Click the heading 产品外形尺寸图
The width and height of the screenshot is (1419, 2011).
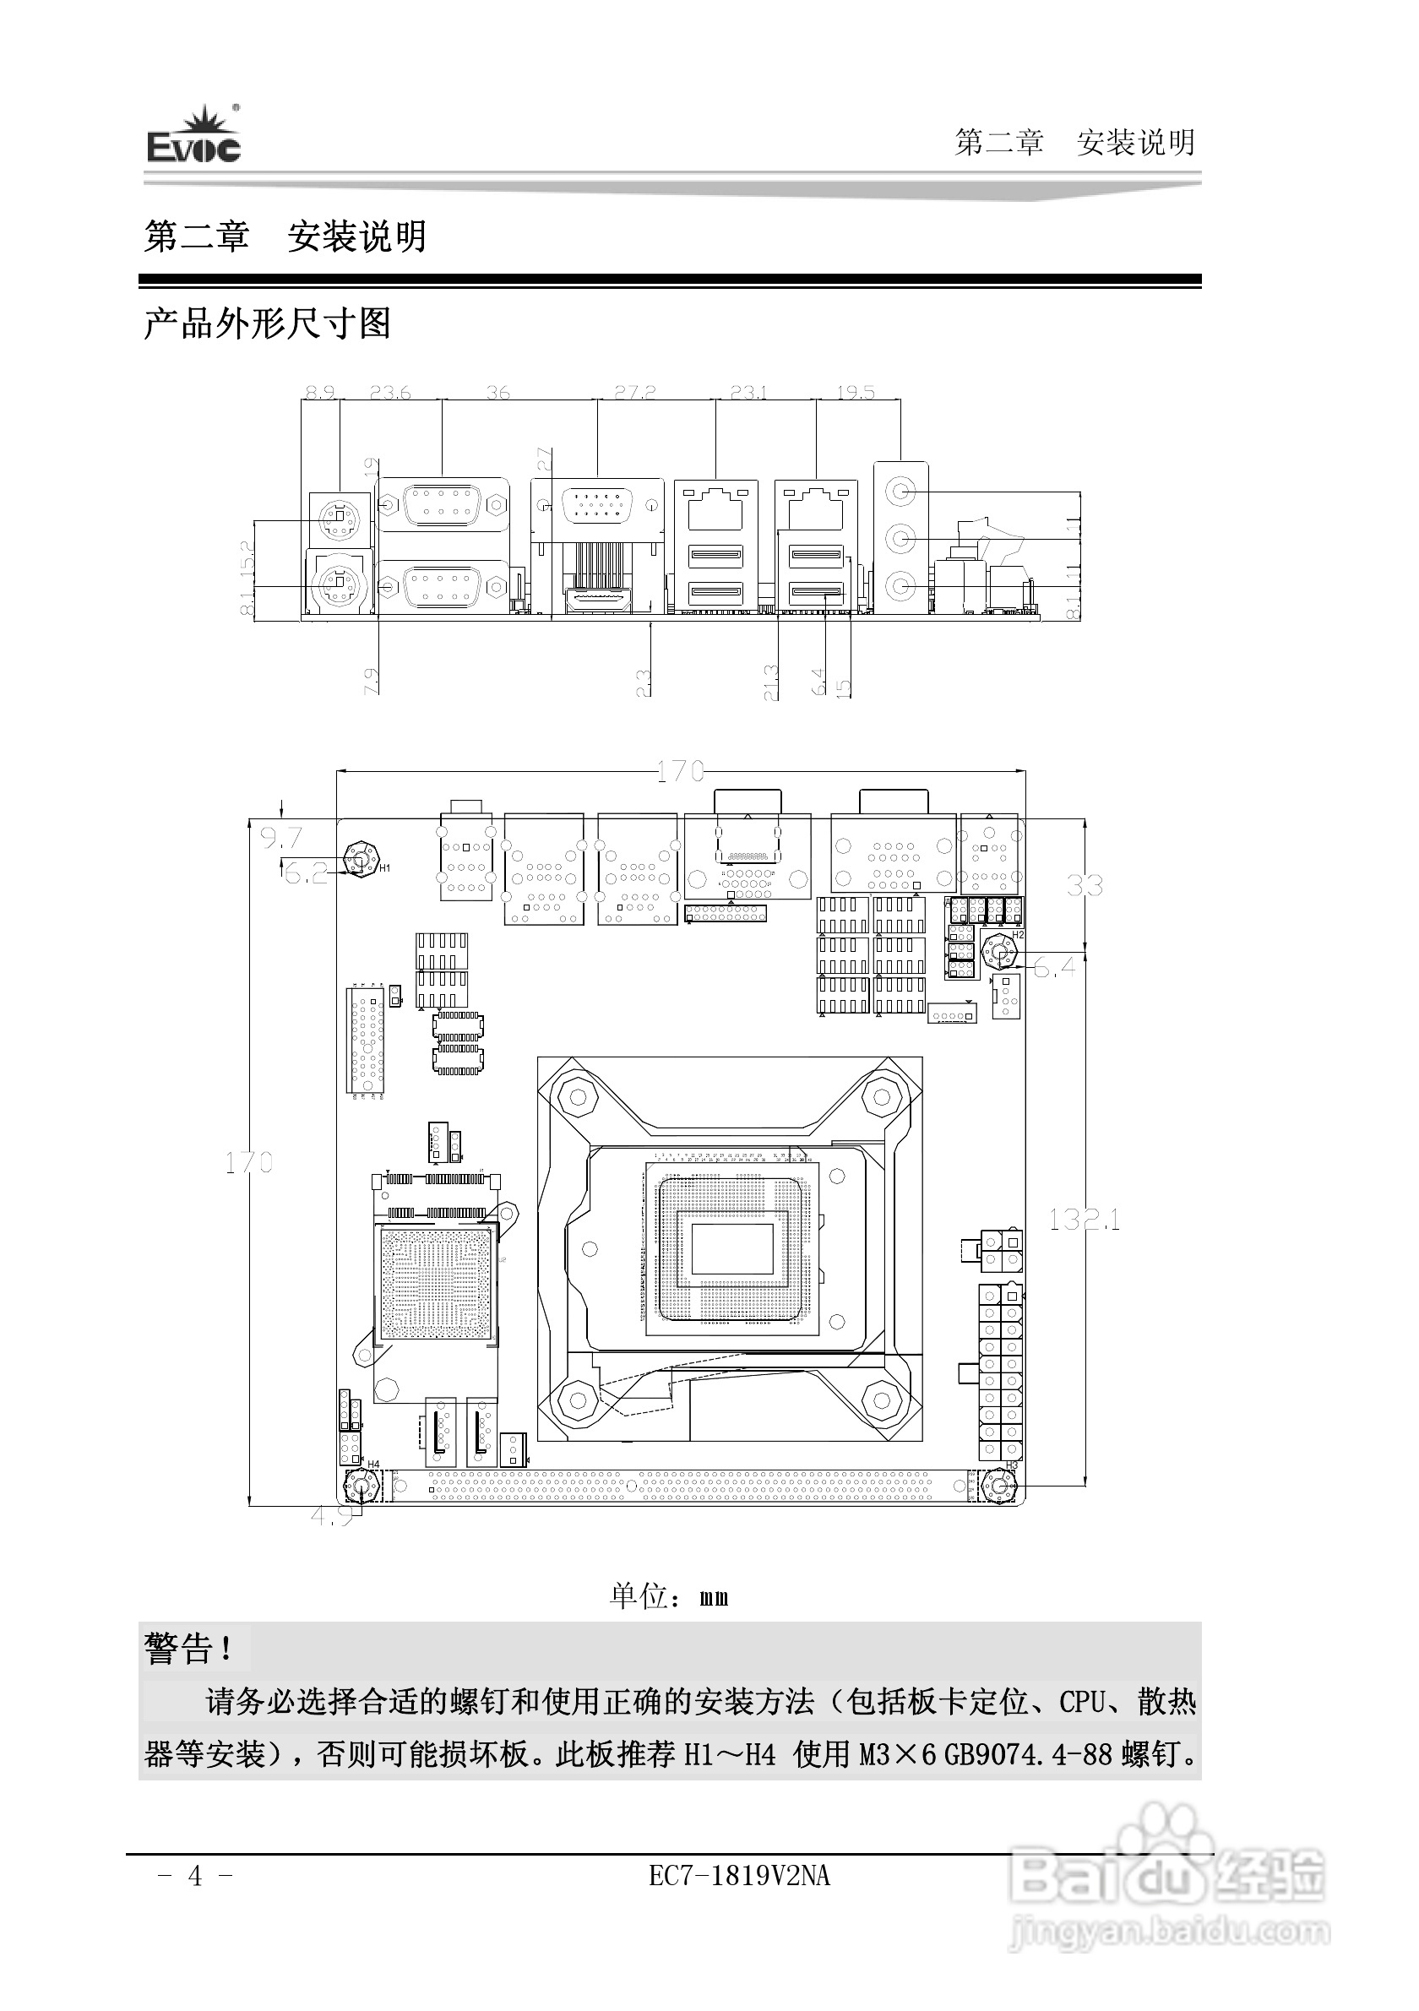(267, 324)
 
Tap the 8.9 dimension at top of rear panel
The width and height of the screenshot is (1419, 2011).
(321, 393)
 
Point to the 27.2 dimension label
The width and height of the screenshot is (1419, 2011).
(634, 393)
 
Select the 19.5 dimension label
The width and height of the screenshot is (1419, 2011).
(855, 393)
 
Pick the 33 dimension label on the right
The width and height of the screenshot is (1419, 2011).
(1085, 885)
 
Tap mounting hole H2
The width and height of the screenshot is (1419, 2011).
(998, 951)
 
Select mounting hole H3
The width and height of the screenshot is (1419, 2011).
(998, 1486)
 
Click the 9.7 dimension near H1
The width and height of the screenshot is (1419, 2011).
(281, 838)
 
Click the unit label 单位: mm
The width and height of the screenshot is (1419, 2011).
(669, 1595)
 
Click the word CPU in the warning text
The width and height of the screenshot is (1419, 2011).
(1085, 1702)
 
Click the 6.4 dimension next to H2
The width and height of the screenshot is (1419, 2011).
(1055, 967)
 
